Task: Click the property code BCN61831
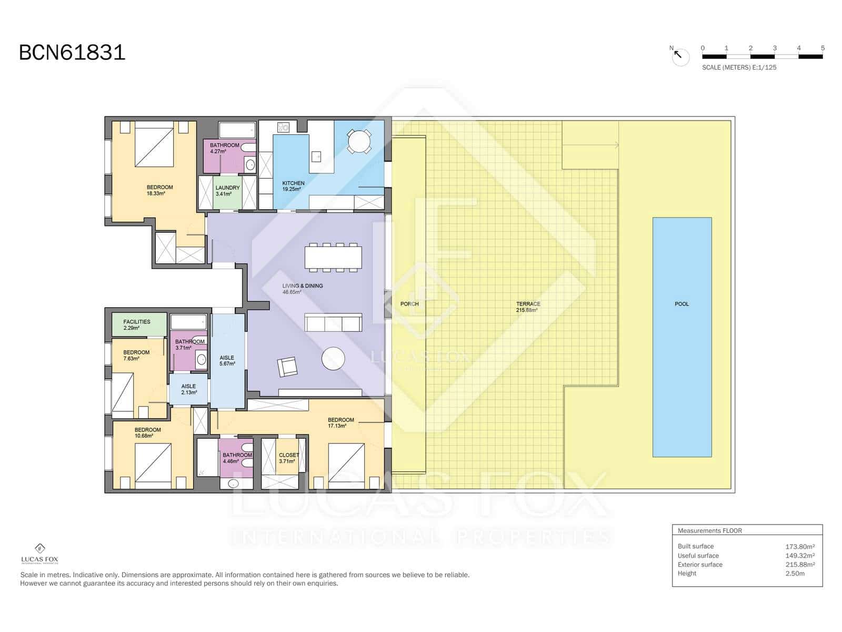[x=72, y=53]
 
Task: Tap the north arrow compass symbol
[x=679, y=56]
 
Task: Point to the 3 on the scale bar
[x=775, y=48]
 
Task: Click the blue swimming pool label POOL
[x=681, y=304]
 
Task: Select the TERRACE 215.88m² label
[x=528, y=307]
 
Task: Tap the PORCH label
[x=409, y=304]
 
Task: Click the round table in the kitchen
[x=359, y=141]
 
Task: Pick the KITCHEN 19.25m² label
[x=293, y=186]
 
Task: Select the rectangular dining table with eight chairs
[x=333, y=257]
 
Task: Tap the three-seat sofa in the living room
[x=333, y=322]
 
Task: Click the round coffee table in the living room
[x=333, y=359]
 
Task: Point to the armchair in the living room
[x=287, y=367]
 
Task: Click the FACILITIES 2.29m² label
[x=136, y=324]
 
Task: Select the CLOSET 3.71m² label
[x=288, y=458]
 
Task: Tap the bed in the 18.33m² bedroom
[x=154, y=144]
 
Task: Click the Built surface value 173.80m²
[x=800, y=547]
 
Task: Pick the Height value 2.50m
[x=795, y=574]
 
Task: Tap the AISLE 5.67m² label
[x=227, y=361]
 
